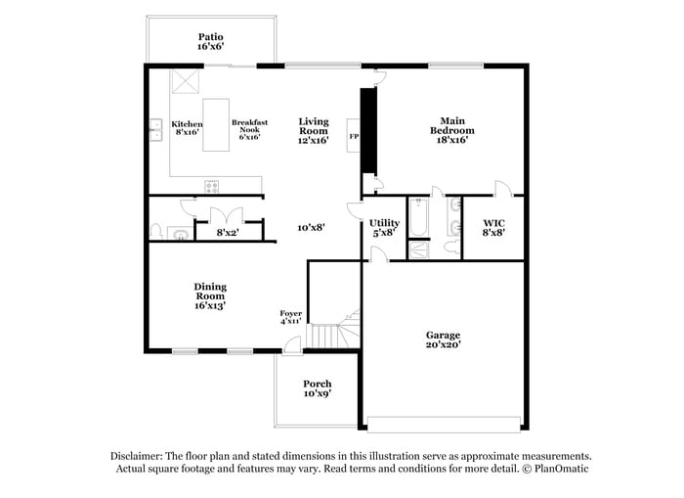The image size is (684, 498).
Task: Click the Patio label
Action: (x=210, y=37)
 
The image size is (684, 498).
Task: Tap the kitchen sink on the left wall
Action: (x=156, y=126)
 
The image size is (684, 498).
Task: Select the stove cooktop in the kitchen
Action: (x=212, y=186)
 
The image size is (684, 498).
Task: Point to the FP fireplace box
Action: (x=353, y=137)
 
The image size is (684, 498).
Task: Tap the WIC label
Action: (x=493, y=223)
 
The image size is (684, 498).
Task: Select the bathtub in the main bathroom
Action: (x=418, y=217)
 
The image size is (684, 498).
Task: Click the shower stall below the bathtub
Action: (x=418, y=249)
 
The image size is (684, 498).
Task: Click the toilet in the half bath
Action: (x=157, y=231)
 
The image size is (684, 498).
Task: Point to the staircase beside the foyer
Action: (x=333, y=332)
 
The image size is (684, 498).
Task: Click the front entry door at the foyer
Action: (x=290, y=345)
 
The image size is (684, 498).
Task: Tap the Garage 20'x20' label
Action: (x=443, y=340)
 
